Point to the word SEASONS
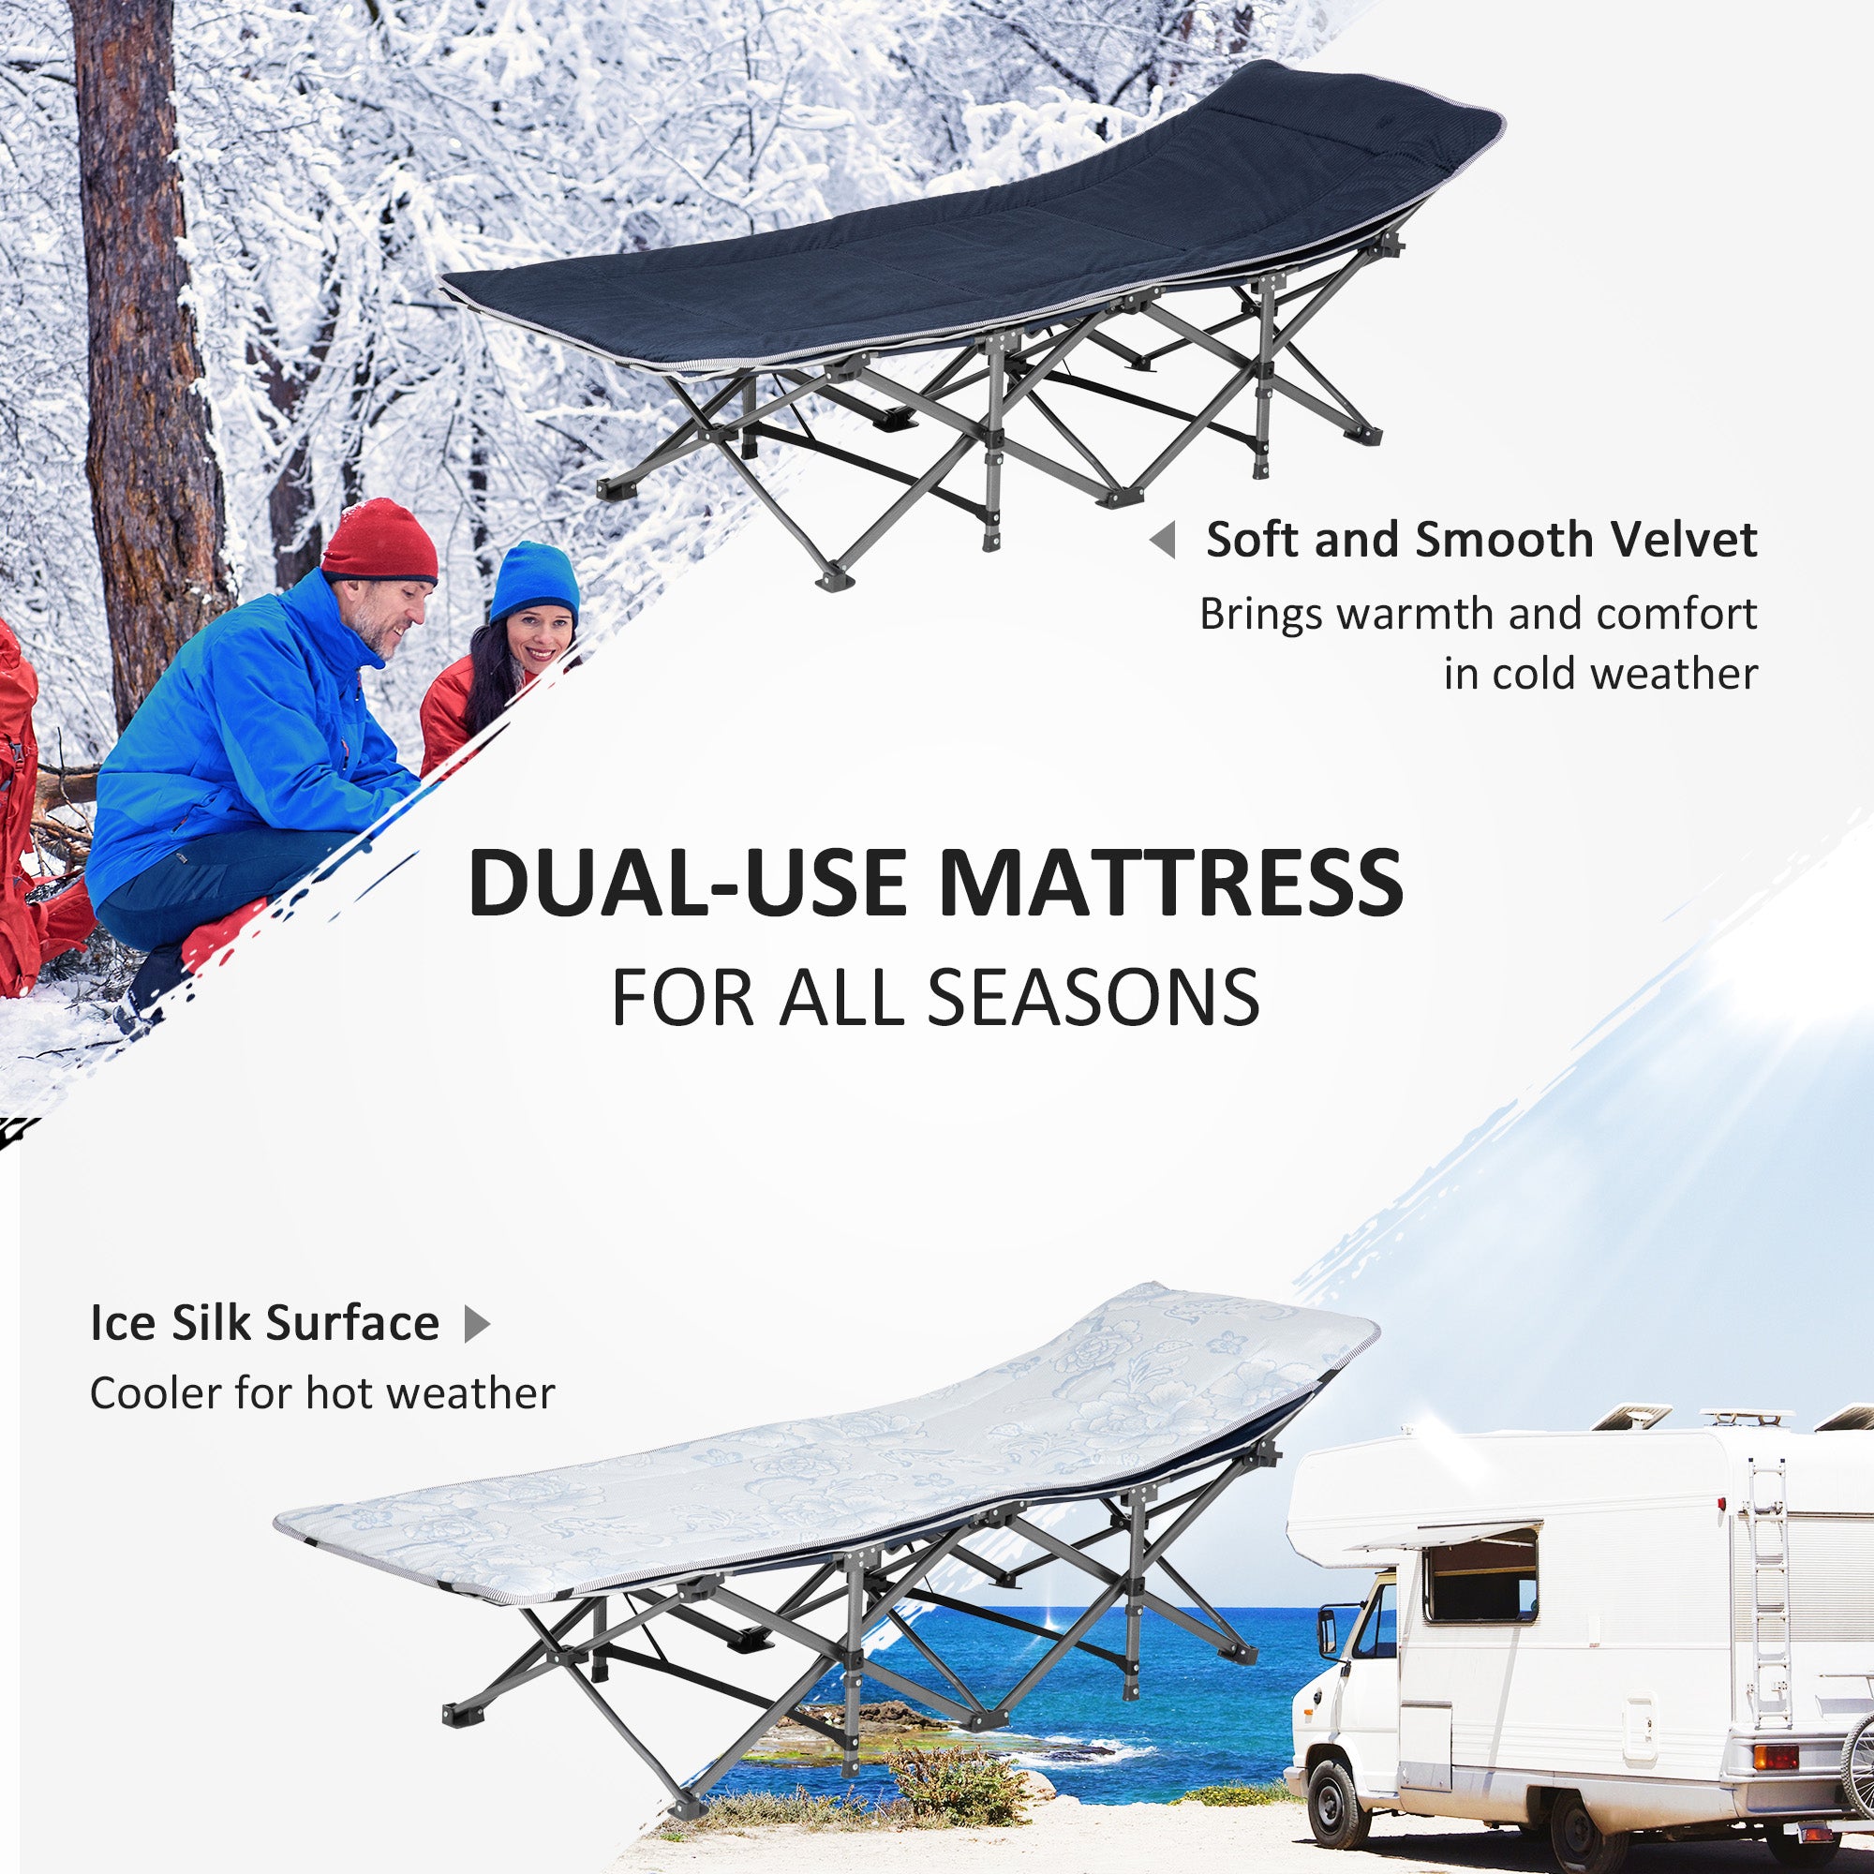click(1093, 998)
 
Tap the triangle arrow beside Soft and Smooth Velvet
click(1163, 540)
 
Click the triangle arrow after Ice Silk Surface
click(476, 1324)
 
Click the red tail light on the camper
click(1775, 1756)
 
